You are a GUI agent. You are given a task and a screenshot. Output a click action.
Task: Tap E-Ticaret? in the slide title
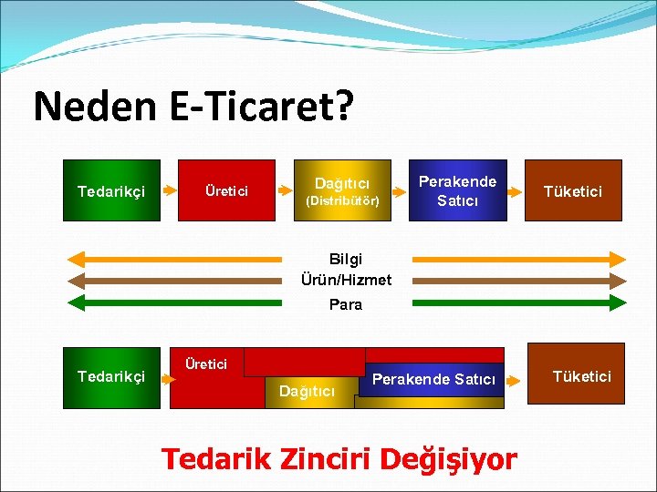[x=257, y=107]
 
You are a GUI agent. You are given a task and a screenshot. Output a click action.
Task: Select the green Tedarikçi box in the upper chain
[x=110, y=190]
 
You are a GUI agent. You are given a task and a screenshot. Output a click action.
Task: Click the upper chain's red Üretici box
[x=225, y=190]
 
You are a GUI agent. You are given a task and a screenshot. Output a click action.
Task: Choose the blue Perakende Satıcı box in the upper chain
[x=457, y=190]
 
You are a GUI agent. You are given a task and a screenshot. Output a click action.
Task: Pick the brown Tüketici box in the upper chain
[x=573, y=190]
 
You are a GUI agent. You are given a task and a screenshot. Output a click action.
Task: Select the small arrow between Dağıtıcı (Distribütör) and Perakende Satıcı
[x=400, y=191]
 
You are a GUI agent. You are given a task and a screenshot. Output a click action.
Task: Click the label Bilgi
[x=345, y=260]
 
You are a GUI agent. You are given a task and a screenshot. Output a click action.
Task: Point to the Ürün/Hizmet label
[x=346, y=280]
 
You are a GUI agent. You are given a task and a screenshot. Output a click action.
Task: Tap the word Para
[x=345, y=304]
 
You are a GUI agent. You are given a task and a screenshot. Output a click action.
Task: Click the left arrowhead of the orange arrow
[x=77, y=259]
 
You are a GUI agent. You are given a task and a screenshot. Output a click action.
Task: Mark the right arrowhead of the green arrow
[x=618, y=302]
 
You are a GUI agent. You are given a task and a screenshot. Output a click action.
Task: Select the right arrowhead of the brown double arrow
[x=618, y=281]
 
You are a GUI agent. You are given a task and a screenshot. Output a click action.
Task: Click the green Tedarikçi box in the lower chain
[x=110, y=376]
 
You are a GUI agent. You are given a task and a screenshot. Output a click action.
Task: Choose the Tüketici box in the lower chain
[x=581, y=376]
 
